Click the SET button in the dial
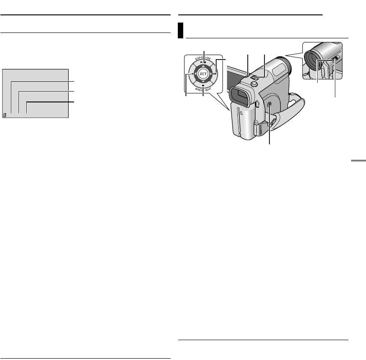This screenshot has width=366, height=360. (203, 74)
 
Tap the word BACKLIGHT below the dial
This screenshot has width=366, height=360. (204, 90)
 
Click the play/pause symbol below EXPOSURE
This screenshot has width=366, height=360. (203, 63)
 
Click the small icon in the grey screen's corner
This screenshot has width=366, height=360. (5, 115)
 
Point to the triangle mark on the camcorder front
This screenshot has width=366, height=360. (241, 115)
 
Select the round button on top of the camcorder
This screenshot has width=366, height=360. (255, 89)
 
